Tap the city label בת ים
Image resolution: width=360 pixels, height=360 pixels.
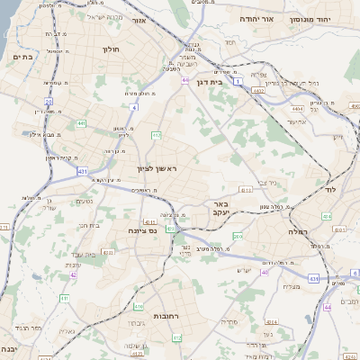tap(22, 57)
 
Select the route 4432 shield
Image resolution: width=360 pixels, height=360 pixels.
tap(258, 90)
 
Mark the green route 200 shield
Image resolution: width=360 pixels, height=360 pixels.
tap(237, 236)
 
